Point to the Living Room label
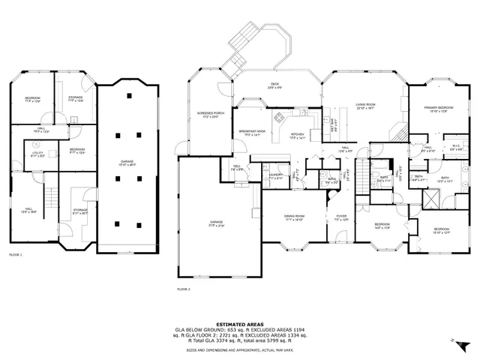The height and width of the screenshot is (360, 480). coord(365,106)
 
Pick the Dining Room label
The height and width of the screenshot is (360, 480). coord(293,217)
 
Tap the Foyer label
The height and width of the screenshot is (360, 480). coord(341,217)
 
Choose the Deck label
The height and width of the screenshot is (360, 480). coord(275,85)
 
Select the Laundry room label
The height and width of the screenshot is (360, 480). coord(276,176)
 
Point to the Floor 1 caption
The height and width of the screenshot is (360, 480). coord(16,255)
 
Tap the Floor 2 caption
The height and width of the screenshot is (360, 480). coord(184,289)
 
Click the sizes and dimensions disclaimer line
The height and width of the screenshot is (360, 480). coord(239,349)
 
